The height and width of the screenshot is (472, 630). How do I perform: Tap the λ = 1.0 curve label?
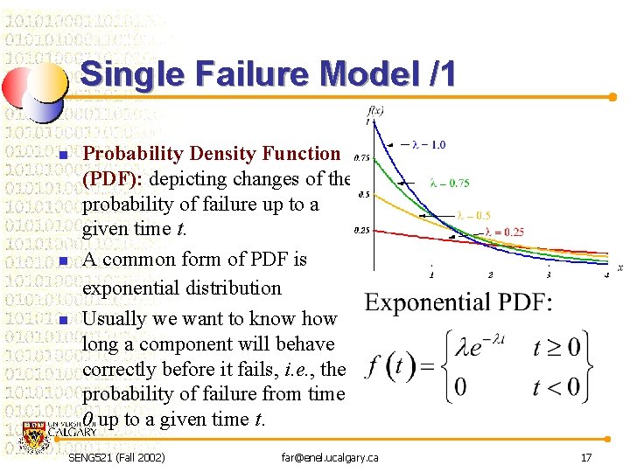425,144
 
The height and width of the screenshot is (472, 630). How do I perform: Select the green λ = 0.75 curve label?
450,183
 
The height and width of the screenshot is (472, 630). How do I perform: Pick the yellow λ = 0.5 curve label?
473,215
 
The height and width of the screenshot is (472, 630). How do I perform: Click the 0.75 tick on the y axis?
360,158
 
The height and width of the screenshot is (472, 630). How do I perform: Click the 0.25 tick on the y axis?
360,231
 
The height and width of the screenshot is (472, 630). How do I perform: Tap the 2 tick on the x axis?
490,274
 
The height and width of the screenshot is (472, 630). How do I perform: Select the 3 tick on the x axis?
549,274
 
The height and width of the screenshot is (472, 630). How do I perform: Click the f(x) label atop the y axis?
375,110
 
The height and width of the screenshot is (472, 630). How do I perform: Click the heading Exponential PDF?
458,302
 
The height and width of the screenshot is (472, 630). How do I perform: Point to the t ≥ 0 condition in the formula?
556,348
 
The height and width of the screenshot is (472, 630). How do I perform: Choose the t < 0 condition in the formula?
556,385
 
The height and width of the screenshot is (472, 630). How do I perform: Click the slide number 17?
585,457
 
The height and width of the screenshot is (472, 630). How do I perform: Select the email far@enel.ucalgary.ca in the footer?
330,457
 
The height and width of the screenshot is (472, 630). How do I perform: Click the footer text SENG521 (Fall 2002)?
116,457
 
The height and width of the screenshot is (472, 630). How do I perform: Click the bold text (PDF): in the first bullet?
113,179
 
